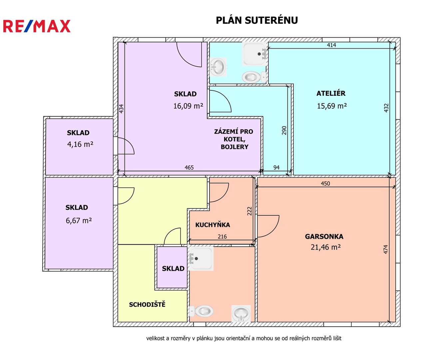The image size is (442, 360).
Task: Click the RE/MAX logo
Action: pos(37,26)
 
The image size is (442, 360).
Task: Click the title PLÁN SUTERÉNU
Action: pos(257,20)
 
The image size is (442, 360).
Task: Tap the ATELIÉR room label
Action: pos(331,93)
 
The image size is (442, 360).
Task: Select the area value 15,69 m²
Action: pos(332,106)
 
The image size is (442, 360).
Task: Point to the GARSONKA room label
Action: pos(324,236)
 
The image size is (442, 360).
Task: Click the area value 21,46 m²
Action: pos(325,247)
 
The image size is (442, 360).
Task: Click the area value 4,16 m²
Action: pos(80,144)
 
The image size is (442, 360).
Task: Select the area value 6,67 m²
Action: pos(79,220)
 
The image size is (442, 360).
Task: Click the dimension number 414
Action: pos(331,45)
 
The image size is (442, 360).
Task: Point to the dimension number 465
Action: pos(189,167)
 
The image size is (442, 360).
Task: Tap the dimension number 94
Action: pos(276,167)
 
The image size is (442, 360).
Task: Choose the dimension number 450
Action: pos(325,183)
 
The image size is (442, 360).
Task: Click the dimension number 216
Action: pos(222,236)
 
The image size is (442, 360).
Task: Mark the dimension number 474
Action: pos(386,249)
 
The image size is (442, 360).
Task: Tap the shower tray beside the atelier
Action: pos(254,54)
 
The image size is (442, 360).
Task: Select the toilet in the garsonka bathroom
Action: pos(201,311)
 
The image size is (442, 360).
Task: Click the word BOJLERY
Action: pos(234,147)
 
